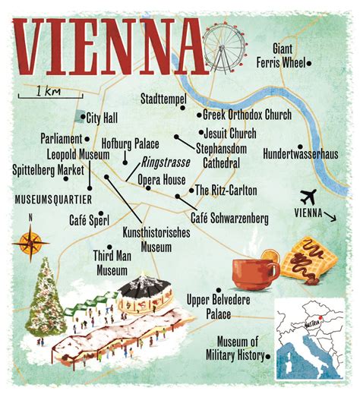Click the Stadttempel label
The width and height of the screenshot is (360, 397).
163,99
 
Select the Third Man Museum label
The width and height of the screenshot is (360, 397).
112,263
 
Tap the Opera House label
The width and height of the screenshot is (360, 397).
161,180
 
